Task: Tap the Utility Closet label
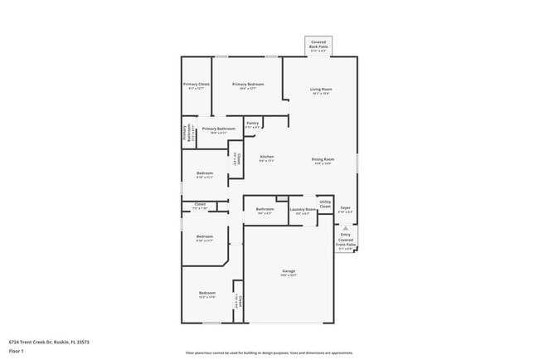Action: [x=325, y=203]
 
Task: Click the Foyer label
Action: [x=346, y=208]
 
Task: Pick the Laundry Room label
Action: [x=303, y=210]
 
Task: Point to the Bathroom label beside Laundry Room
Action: [x=265, y=209]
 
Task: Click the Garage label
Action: [x=289, y=271]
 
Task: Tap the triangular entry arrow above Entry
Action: [x=346, y=226]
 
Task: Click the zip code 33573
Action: [x=82, y=341]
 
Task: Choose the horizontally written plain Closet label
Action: [x=200, y=204]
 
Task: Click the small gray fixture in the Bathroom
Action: [x=282, y=197]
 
